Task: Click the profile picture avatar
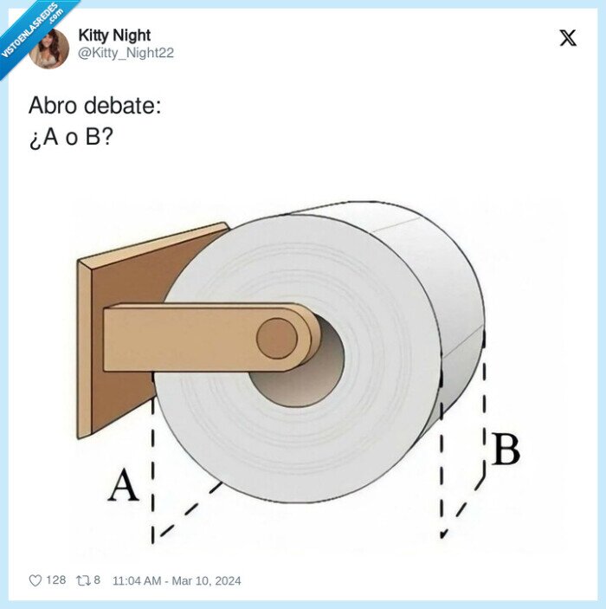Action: click(49, 48)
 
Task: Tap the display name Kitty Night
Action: click(114, 36)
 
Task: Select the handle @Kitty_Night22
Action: click(126, 53)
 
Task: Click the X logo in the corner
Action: click(568, 38)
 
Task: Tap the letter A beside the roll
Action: click(123, 486)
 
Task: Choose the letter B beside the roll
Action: click(506, 450)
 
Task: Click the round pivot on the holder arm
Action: click(277, 337)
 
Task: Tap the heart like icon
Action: click(35, 580)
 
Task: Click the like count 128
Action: click(56, 580)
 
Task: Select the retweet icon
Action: click(84, 580)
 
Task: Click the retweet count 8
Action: click(97, 580)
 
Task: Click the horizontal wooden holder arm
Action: click(190, 337)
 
